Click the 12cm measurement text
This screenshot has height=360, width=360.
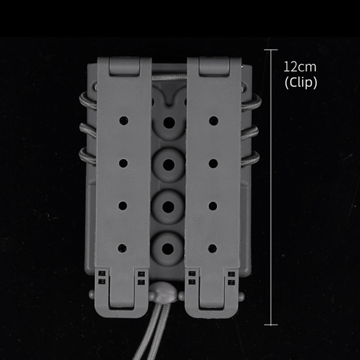(x=300, y=67)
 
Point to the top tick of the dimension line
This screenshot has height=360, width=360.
(x=270, y=49)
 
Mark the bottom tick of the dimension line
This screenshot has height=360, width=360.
(x=270, y=324)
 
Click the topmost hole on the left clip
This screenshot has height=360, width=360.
(x=123, y=121)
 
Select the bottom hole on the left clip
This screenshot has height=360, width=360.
(x=123, y=247)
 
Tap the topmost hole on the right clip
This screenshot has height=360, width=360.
(x=213, y=121)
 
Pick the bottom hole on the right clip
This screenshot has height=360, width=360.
(x=213, y=247)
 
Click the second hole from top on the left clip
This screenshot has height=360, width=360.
(x=123, y=162)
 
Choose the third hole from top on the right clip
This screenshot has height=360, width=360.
(x=213, y=205)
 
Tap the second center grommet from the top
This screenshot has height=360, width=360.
(x=169, y=164)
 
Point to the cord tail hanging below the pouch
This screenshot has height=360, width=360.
(x=167, y=333)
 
